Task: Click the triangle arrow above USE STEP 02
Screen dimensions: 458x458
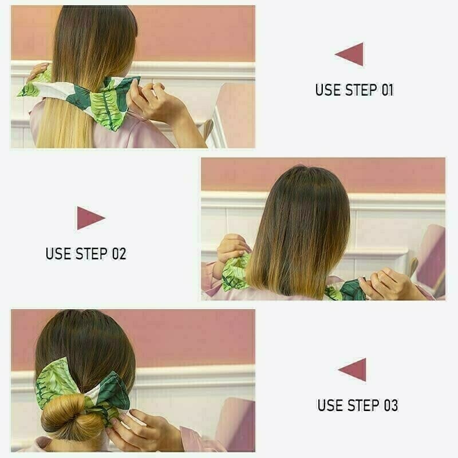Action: [x=89, y=218]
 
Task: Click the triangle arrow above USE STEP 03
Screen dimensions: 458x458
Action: [x=354, y=369]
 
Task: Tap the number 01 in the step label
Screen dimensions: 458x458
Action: [x=386, y=90]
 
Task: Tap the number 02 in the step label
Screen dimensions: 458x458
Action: [x=119, y=253]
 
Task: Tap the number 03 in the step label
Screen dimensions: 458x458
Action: [x=390, y=405]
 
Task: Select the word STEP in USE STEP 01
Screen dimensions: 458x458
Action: [x=360, y=90]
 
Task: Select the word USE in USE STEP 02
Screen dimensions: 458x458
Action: [x=58, y=253]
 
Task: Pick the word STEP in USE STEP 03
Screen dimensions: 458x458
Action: [x=363, y=405]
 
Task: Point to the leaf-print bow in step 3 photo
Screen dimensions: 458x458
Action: [x=86, y=389]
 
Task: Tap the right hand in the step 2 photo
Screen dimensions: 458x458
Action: [x=389, y=283]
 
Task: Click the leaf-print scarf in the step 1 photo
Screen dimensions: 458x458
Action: [x=103, y=100]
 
